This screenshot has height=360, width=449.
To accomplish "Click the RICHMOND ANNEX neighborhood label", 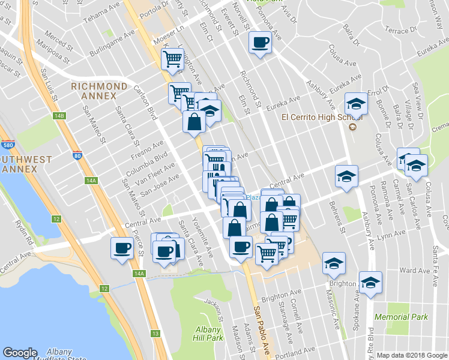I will pos(99,91).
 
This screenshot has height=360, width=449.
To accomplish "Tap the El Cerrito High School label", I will pos(313,117).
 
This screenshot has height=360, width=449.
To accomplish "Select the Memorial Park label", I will pos(401,317).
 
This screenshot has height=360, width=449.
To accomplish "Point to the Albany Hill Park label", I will pos(209,333).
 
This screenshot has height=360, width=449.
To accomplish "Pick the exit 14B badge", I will pos(58,115).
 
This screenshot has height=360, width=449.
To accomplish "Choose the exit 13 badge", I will pos(155,334).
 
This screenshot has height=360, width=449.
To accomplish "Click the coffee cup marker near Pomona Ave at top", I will pos(260,43).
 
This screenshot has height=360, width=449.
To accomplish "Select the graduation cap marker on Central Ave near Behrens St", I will pos(346,176).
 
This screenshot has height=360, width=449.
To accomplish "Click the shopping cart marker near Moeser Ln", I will pos(172,59).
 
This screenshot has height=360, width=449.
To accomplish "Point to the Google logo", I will pos(20,353).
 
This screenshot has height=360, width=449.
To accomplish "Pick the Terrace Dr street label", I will pos(397,30).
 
